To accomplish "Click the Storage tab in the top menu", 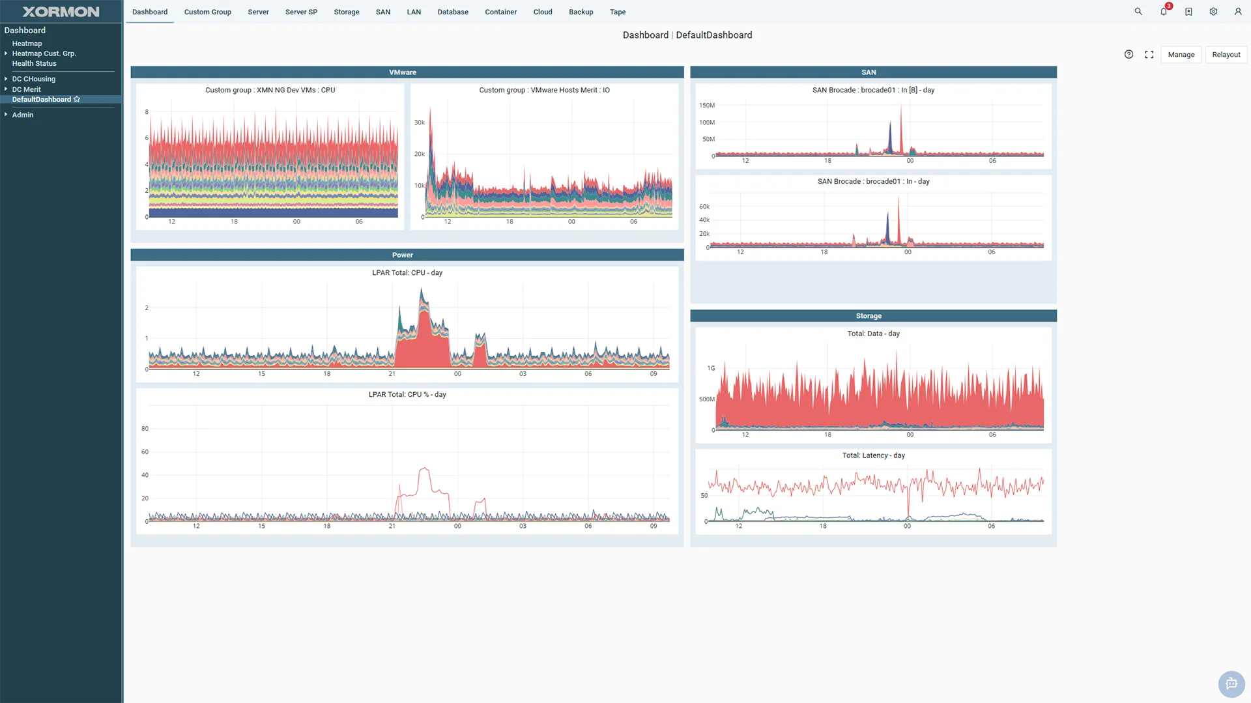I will pos(346,12).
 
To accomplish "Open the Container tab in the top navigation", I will pos(500,12).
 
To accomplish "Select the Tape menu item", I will pos(617,12).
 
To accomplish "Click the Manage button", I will pos(1181,55).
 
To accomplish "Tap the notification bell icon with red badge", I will pos(1164,11).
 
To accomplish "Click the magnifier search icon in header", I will pos(1138,12).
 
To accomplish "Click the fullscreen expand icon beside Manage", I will pos(1149,55).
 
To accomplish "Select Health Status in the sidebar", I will pos(34,63).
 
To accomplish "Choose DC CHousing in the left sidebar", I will pos(33,79).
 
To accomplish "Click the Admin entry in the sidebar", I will pos(22,115).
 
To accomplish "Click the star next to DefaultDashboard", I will pos(77,99).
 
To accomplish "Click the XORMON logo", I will pos(61,12).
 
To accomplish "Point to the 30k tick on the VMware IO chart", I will pos(419,122).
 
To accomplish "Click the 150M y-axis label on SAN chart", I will pos(706,105).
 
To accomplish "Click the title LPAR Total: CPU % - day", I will pos(407,394).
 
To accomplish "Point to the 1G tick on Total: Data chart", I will pos(711,368).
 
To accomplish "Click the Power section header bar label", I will pos(402,255).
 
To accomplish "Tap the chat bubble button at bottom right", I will pos(1231,683).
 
